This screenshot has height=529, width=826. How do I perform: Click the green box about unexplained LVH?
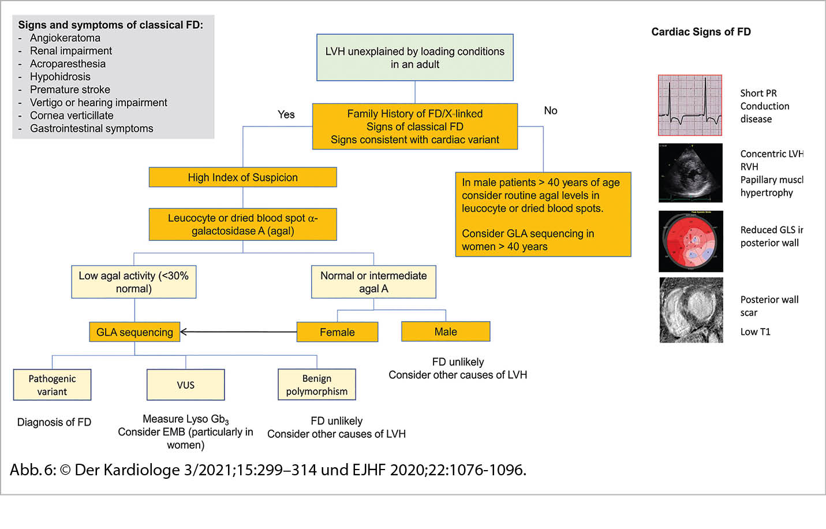click(x=414, y=57)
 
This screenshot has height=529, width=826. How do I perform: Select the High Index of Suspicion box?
click(x=242, y=177)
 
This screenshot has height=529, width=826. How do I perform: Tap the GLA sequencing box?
click(x=134, y=332)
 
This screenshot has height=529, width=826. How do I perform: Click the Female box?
click(x=337, y=332)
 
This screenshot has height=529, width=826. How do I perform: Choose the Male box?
click(x=446, y=331)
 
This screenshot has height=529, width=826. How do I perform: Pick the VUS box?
click(x=185, y=385)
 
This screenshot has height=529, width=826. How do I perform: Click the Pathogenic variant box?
click(x=52, y=385)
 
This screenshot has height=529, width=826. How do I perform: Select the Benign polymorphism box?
click(x=316, y=385)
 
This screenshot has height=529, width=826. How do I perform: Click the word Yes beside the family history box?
click(x=286, y=114)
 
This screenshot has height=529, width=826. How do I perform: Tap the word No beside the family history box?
click(x=551, y=110)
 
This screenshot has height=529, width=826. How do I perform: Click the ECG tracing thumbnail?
click(x=690, y=105)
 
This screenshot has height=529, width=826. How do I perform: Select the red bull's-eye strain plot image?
click(x=690, y=241)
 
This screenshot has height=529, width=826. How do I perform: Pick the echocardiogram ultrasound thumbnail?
click(x=690, y=173)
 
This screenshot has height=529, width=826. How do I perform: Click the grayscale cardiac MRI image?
click(x=691, y=310)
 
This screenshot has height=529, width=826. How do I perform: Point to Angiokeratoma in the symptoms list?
click(x=65, y=38)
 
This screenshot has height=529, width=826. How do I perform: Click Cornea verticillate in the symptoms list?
click(x=72, y=116)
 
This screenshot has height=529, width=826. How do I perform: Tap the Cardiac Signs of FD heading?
click(x=701, y=32)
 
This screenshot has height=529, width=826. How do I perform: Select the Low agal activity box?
click(x=134, y=282)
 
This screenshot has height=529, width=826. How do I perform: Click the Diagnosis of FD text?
click(x=54, y=422)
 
